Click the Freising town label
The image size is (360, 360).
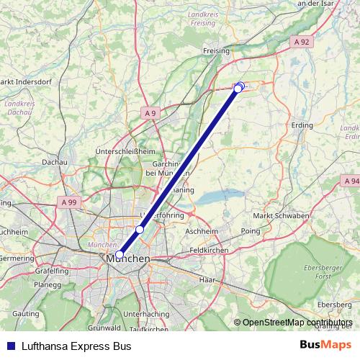click(216, 51)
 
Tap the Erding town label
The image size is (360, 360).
click(302, 125)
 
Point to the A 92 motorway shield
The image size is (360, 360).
click(303, 42)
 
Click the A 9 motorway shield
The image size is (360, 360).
click(150, 113)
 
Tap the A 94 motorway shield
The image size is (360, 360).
click(351, 181)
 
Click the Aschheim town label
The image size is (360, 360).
click(202, 232)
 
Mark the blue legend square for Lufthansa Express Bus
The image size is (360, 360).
click(9, 346)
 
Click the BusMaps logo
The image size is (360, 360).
click(326, 345)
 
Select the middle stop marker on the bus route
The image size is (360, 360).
click(140, 229)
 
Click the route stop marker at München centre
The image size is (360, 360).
click(119, 254)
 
